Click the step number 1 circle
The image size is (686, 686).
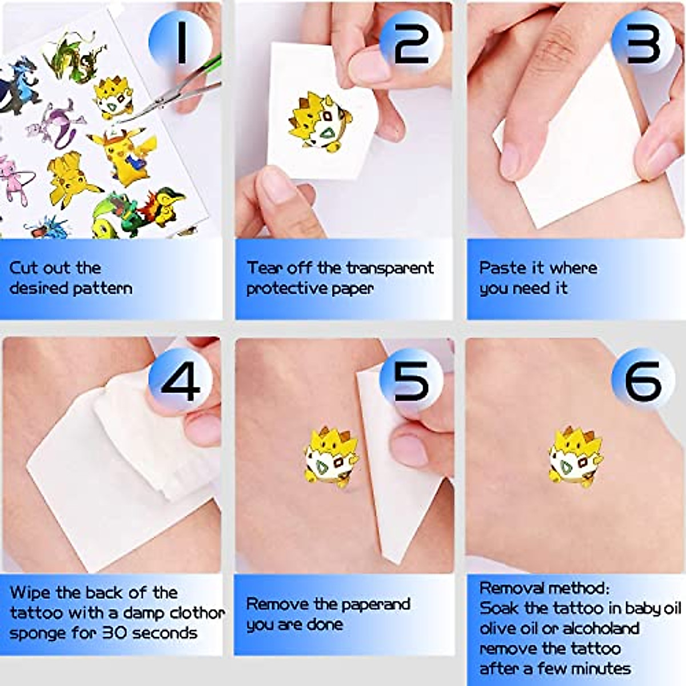click(x=180, y=42)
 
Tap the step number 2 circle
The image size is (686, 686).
click(x=411, y=42)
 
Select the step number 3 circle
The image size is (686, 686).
click(x=643, y=42)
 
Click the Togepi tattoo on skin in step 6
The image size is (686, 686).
click(x=573, y=456)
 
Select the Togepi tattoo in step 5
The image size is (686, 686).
click(x=330, y=456)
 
